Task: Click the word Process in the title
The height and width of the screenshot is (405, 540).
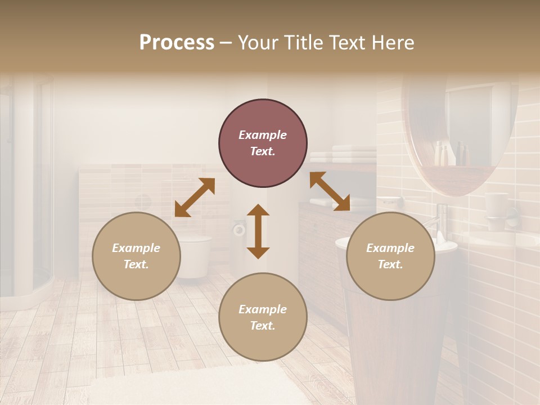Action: click(177, 43)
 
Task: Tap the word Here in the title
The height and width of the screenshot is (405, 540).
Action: click(391, 43)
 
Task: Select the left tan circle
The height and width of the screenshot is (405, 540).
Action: click(136, 256)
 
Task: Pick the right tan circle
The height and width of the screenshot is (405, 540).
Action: click(390, 256)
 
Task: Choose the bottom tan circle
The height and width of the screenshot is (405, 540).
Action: click(263, 317)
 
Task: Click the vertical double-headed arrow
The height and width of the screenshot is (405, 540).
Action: click(258, 231)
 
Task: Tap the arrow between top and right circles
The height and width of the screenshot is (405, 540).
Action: click(330, 191)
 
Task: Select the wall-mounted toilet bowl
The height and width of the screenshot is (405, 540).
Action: click(195, 256)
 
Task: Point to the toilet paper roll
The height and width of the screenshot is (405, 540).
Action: click(240, 228)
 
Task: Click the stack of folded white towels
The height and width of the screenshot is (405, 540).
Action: click(344, 154)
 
